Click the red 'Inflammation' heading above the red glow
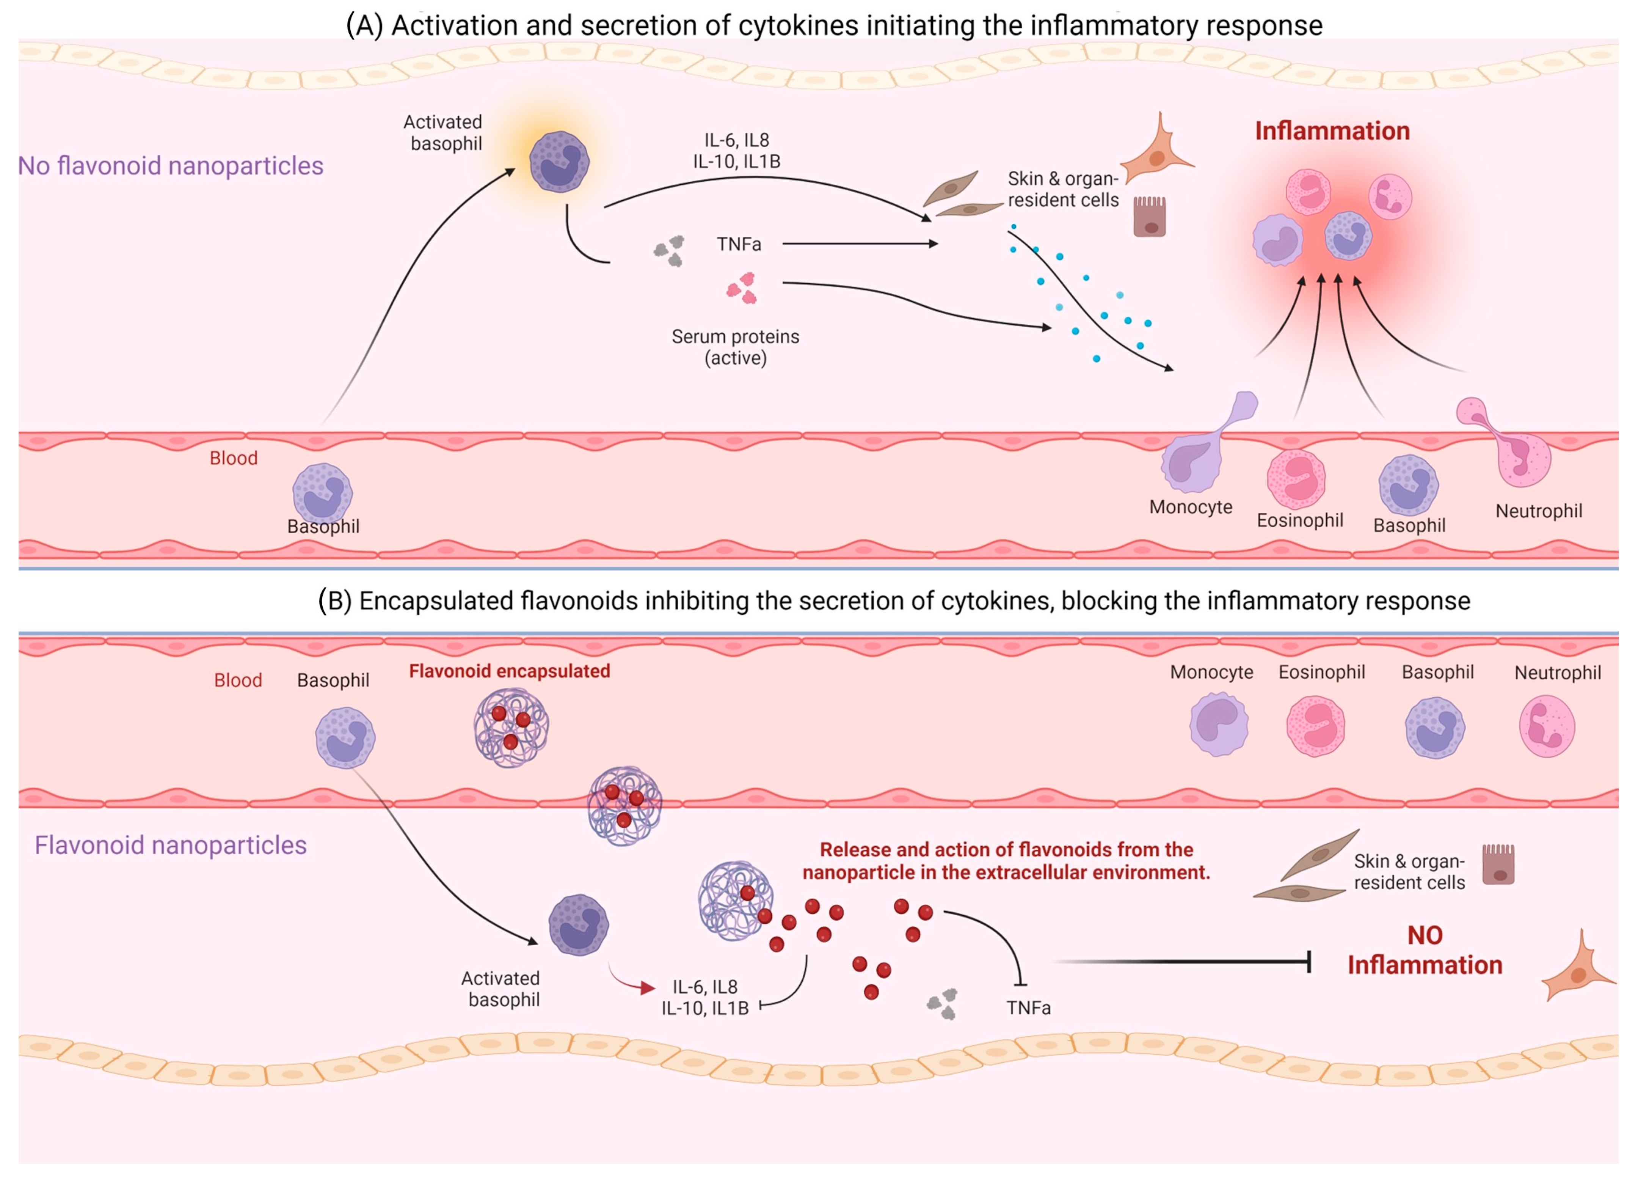coord(1332,131)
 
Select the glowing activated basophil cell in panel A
coord(559,162)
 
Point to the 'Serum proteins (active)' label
coord(735,347)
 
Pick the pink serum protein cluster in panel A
coord(742,288)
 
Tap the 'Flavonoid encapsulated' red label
coord(509,671)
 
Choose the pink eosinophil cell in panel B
coord(1315,726)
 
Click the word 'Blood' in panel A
coord(233,458)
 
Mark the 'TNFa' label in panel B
coord(1028,1008)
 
